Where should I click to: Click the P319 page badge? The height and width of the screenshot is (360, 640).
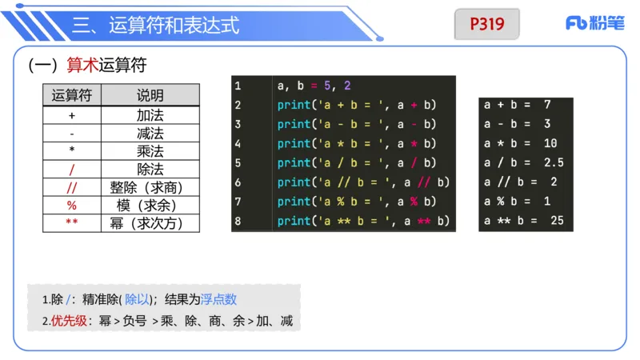(486, 24)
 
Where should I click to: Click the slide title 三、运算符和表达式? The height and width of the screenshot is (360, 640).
(156, 26)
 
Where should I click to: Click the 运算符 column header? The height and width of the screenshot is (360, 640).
(72, 96)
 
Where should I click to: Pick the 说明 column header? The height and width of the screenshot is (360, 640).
(150, 96)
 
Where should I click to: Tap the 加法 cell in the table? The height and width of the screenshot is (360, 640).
(150, 114)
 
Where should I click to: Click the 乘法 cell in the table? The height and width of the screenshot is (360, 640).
(150, 150)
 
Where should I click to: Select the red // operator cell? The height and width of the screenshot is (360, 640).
(72, 187)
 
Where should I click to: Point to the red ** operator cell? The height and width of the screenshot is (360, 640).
(72, 223)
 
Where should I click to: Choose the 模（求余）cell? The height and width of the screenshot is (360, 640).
(150, 206)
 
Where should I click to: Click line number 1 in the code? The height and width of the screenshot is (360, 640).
(238, 86)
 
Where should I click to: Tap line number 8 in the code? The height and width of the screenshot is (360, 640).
(238, 221)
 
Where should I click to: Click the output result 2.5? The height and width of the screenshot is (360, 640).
(554, 163)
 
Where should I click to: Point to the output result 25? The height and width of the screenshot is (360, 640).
(558, 221)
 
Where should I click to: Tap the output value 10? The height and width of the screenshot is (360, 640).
(550, 143)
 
